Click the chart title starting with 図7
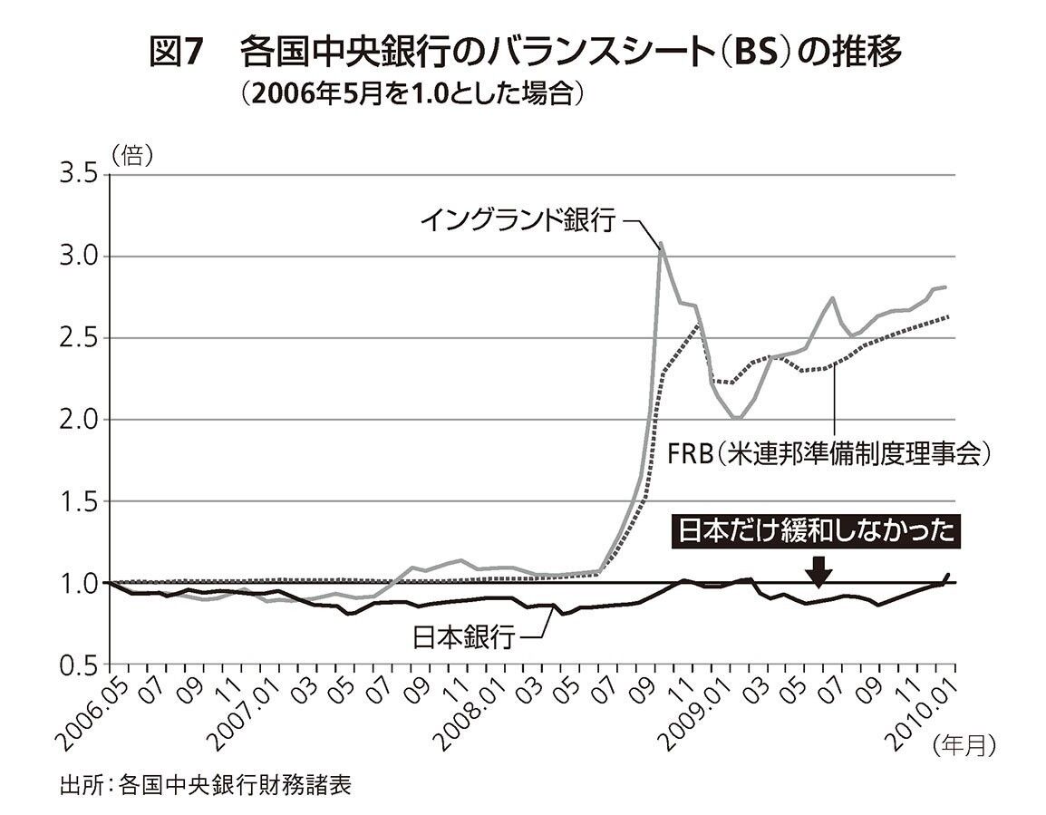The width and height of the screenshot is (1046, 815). (x=525, y=54)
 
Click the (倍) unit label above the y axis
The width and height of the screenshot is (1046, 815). (x=131, y=154)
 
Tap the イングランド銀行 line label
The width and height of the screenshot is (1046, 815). (x=519, y=219)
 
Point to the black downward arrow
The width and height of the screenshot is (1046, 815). (x=818, y=569)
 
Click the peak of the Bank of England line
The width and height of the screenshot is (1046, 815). (x=661, y=243)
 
